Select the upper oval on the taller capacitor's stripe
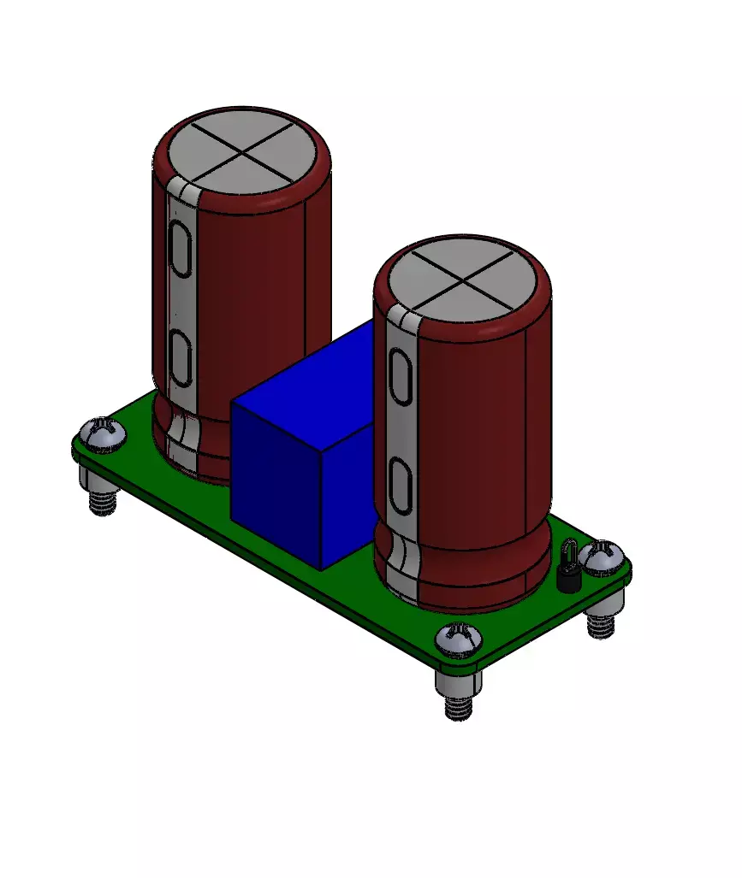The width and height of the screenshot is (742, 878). coord(180,249)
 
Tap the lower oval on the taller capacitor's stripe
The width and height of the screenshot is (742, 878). coord(180,357)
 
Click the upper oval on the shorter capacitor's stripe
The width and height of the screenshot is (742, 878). coord(400,376)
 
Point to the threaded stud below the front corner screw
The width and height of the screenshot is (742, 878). coord(459,707)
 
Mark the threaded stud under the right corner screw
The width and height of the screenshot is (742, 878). coord(602,626)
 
